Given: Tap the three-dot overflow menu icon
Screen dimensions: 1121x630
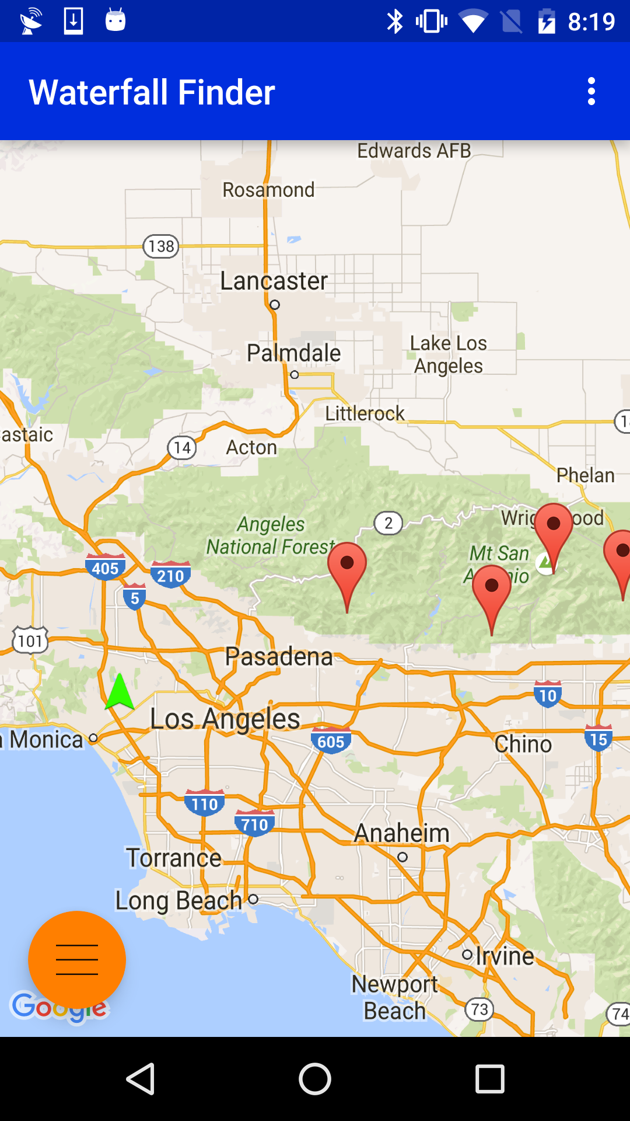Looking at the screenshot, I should [591, 92].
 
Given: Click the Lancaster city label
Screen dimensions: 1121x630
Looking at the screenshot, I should [274, 281].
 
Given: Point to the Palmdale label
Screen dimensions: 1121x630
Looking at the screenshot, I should [293, 353].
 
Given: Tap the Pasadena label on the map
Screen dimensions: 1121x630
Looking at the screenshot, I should [279, 657].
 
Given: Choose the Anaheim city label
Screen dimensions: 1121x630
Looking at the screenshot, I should [402, 833].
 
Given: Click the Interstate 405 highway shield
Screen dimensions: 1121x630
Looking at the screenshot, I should [106, 567].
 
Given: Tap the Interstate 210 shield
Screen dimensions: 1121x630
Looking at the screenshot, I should [170, 575].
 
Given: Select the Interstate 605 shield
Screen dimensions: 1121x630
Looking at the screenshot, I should [331, 741].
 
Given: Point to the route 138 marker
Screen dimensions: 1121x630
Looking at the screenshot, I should [161, 246].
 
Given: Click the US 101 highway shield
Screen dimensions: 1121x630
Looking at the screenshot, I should [30, 640].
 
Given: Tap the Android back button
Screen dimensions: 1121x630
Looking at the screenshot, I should [141, 1078].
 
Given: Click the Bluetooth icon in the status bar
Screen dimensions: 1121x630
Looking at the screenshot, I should [395, 22].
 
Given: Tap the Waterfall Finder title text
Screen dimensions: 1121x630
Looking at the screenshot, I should [152, 92].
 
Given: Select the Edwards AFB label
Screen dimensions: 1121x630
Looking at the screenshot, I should [414, 151].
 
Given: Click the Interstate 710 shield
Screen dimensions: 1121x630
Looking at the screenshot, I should [255, 824].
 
